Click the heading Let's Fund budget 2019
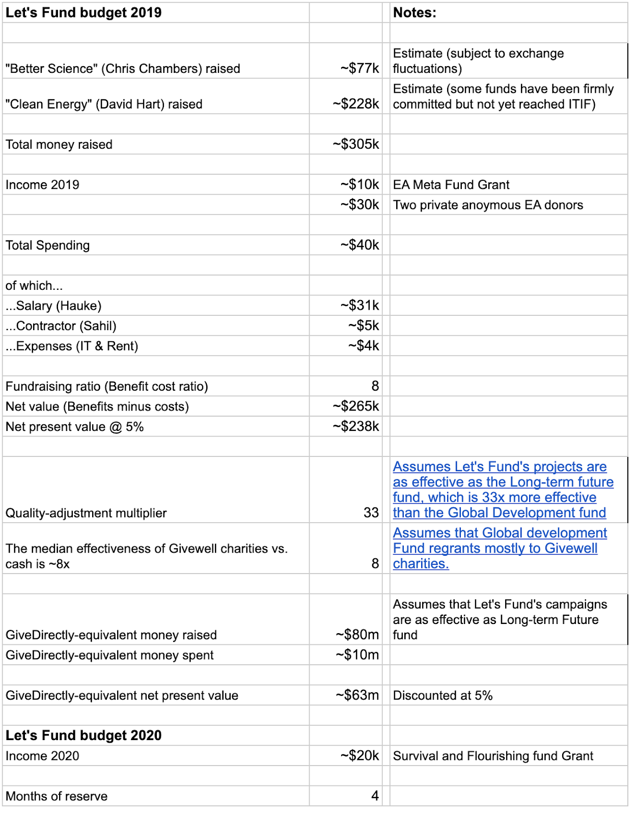click(84, 13)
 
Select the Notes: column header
click(414, 13)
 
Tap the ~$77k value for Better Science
click(360, 68)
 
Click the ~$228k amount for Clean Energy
click(356, 104)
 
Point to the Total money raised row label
click(59, 145)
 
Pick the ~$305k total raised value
click(356, 144)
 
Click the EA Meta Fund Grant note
click(451, 185)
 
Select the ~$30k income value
click(360, 205)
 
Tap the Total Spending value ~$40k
click(360, 245)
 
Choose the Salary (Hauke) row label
click(53, 306)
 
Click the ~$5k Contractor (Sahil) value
click(364, 325)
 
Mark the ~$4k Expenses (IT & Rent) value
click(364, 346)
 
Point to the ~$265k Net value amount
click(356, 406)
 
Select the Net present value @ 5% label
click(75, 427)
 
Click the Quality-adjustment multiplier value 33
click(371, 512)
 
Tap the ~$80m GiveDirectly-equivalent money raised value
click(357, 635)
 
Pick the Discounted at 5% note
click(443, 696)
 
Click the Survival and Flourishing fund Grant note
click(493, 756)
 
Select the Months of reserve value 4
click(375, 796)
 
